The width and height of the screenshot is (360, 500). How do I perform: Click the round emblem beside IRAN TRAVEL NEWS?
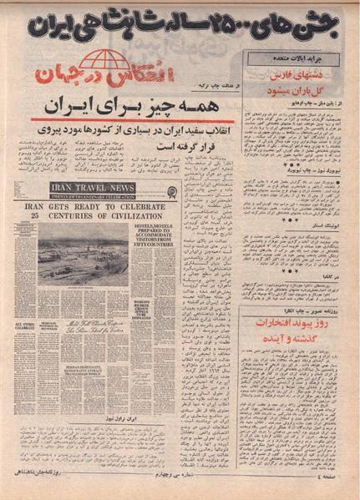coord(171,191)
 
